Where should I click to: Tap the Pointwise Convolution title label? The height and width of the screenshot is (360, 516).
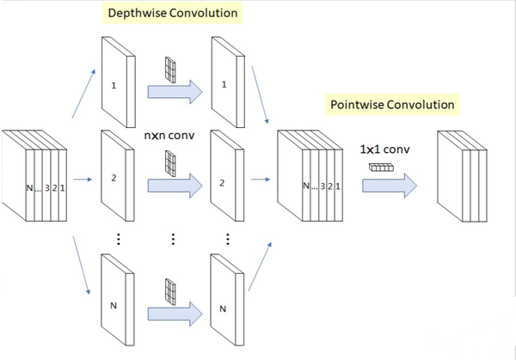coord(391,106)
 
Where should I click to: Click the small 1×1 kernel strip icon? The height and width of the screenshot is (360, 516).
coord(380,169)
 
